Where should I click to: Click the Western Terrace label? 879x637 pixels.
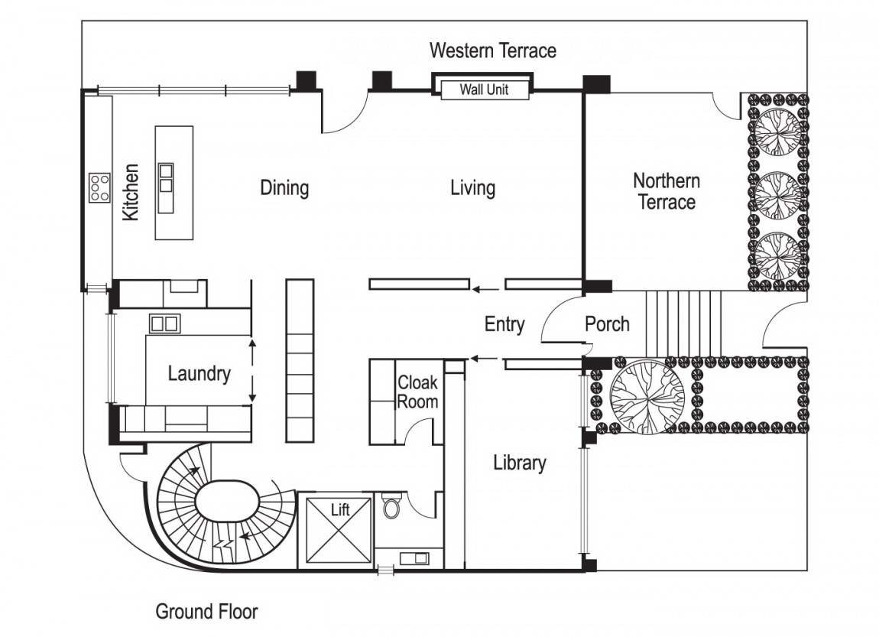(493, 50)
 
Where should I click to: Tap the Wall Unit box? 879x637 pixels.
(485, 89)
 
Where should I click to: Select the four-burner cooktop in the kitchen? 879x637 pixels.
(100, 187)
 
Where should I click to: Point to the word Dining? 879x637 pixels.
(284, 188)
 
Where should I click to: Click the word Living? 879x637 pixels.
(472, 188)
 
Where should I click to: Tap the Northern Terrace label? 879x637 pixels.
(667, 191)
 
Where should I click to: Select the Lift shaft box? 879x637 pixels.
(339, 531)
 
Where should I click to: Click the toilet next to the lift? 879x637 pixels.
(392, 505)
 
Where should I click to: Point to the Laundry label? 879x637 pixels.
(199, 373)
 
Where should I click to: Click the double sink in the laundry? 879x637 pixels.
(165, 323)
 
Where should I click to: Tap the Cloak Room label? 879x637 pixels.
(417, 392)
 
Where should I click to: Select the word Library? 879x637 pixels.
(519, 463)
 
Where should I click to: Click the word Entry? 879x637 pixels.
(504, 324)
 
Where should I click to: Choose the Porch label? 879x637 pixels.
(607, 323)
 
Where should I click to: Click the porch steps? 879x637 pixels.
(683, 323)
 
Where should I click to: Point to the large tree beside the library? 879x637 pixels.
(647, 394)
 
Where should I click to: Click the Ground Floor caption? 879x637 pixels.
(207, 611)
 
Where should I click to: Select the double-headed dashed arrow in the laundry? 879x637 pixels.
(252, 371)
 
